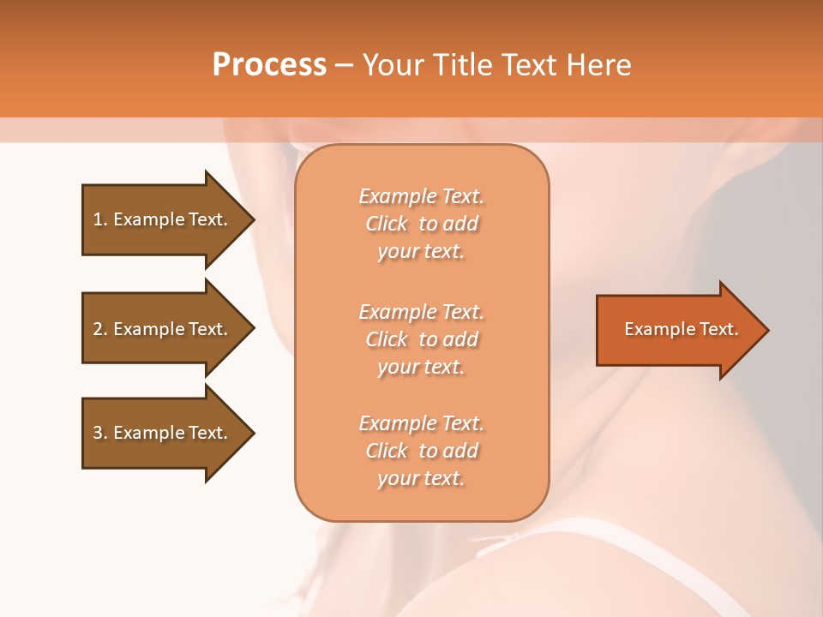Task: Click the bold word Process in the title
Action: pyautogui.click(x=269, y=65)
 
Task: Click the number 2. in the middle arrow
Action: pyautogui.click(x=100, y=329)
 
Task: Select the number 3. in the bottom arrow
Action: pyautogui.click(x=100, y=433)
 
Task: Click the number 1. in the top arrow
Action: pyautogui.click(x=100, y=219)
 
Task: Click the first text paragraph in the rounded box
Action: pyautogui.click(x=421, y=224)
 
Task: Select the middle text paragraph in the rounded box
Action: pyautogui.click(x=421, y=339)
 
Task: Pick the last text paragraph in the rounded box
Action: pyautogui.click(x=421, y=451)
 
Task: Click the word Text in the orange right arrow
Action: pyautogui.click(x=718, y=329)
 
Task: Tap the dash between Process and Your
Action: pyautogui.click(x=345, y=65)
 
